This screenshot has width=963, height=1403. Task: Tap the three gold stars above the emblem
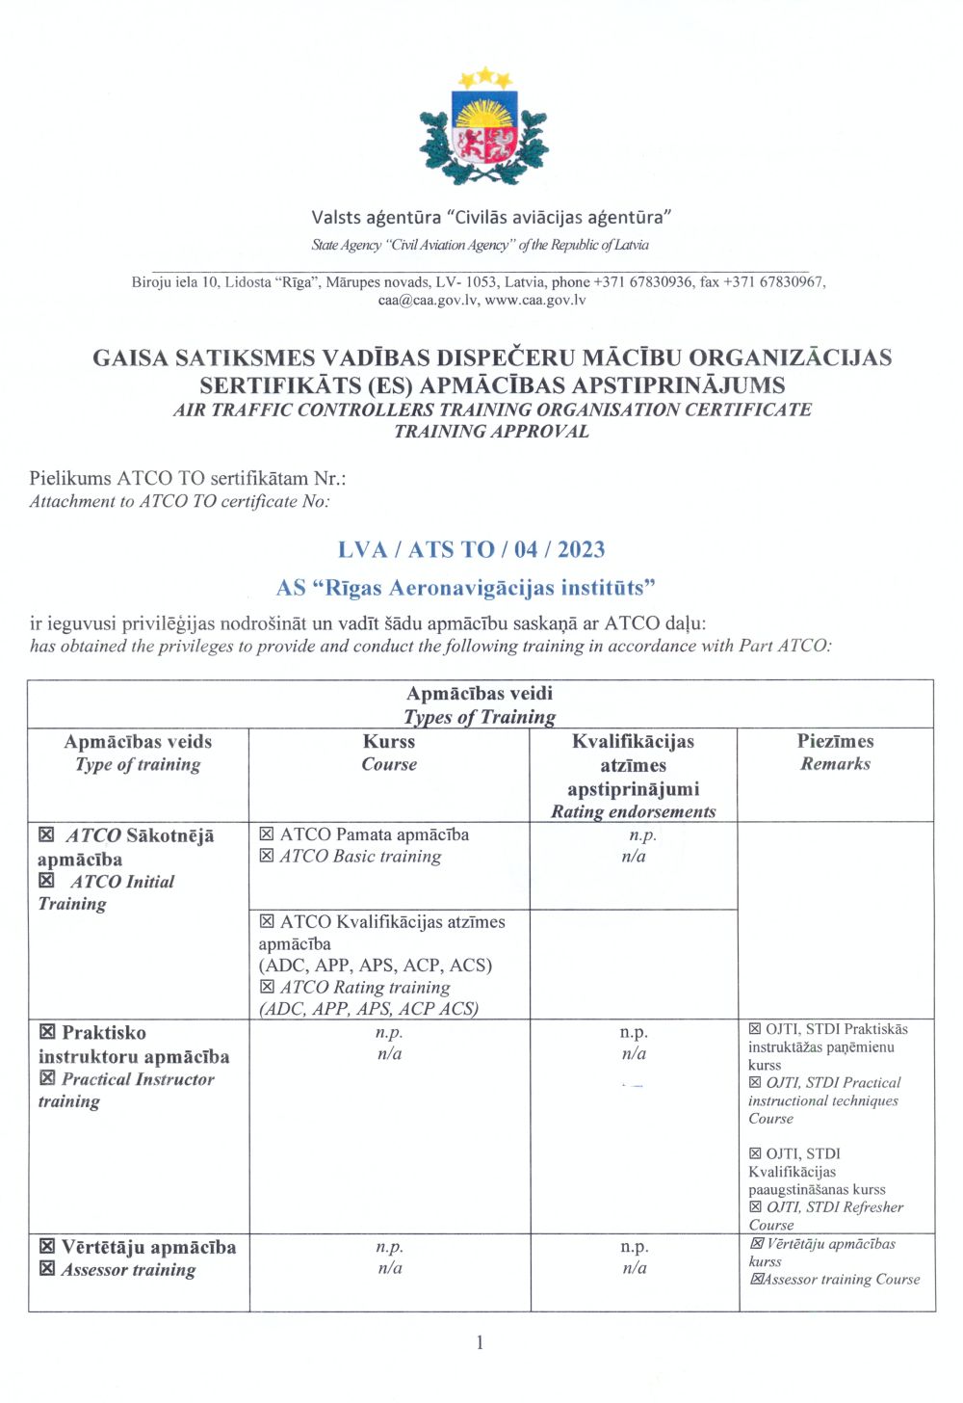coord(484,76)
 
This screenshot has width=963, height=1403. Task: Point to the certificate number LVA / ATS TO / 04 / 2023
coord(472,549)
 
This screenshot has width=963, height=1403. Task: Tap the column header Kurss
coord(389,741)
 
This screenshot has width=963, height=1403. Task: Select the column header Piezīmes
coord(835,741)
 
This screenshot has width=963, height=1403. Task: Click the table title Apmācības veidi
coord(480,693)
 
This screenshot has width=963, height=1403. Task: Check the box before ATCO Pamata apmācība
coord(267,834)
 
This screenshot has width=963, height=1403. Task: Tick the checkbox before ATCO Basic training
coord(267,856)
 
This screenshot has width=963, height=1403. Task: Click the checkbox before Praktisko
coord(47,1032)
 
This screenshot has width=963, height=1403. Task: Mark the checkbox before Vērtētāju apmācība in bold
coord(47,1247)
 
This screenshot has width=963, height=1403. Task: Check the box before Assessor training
coord(47,1269)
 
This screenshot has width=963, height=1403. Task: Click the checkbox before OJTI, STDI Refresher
coord(755,1206)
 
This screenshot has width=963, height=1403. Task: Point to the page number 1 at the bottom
coord(480,1342)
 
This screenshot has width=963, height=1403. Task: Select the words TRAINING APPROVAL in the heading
coord(491,431)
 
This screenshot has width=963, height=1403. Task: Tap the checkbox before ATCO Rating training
coord(267,987)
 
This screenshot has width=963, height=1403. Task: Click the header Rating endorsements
coord(633,811)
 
